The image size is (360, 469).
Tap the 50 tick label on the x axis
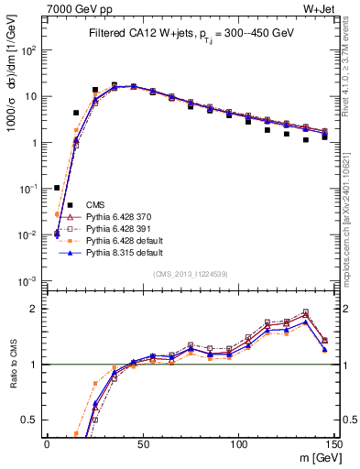click(143, 443)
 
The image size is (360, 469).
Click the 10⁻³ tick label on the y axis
click(29, 281)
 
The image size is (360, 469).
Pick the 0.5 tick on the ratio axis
click(31, 420)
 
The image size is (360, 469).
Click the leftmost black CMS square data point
click(57, 188)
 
